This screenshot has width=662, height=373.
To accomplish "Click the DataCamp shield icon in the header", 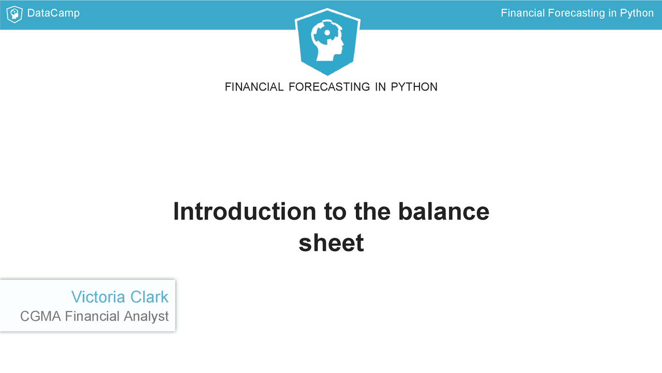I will click(14, 14).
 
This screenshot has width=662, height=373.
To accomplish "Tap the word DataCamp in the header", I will click(53, 13).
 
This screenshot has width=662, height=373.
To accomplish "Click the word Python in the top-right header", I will click(637, 13).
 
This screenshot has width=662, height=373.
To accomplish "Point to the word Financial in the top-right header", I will click(522, 13).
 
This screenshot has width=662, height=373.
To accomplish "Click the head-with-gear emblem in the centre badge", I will click(327, 41).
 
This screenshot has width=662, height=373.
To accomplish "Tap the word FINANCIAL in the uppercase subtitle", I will click(254, 87).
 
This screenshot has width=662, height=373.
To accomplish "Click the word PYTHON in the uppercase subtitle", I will click(414, 87).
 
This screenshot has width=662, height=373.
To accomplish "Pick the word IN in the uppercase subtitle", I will click(381, 87).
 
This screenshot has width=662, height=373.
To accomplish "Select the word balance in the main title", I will click(444, 212).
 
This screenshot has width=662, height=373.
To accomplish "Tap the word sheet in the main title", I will click(331, 243).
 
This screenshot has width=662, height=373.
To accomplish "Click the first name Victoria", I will click(98, 297).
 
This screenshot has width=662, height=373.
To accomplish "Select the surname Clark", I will click(149, 297).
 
